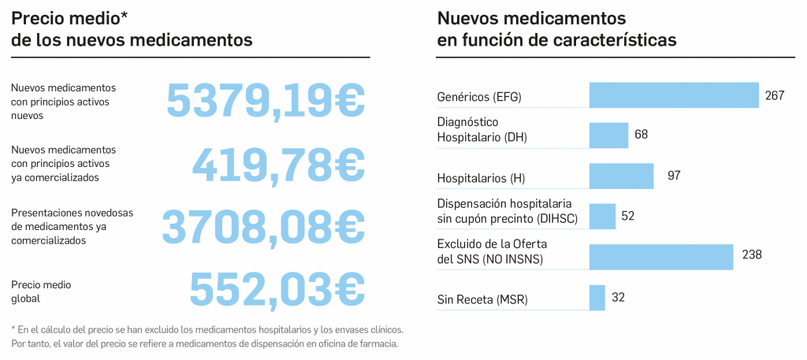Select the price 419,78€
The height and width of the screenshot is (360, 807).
(x=278, y=164)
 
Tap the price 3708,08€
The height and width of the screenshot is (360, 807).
(x=263, y=227)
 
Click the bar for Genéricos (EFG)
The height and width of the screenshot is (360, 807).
(x=673, y=95)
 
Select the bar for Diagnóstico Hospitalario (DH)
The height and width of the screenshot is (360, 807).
(x=608, y=135)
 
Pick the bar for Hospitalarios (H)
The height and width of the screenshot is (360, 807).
(x=621, y=176)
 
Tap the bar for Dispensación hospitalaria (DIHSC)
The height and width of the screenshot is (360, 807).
(x=602, y=216)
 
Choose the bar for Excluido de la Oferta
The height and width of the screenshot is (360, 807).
(x=661, y=256)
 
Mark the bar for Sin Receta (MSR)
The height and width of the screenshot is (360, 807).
(x=597, y=298)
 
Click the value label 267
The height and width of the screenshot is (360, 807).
(x=775, y=95)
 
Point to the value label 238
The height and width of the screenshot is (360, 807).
(x=752, y=254)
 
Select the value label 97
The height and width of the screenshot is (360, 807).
(x=674, y=175)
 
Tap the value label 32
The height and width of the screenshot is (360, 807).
(x=618, y=298)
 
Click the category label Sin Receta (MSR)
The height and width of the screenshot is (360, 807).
(x=482, y=299)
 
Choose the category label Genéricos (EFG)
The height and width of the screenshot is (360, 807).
(x=479, y=98)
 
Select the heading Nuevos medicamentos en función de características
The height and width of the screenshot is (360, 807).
(x=556, y=28)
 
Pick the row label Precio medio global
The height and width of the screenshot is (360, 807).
(x=36, y=292)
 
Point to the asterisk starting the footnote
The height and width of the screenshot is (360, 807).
(x=13, y=328)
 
